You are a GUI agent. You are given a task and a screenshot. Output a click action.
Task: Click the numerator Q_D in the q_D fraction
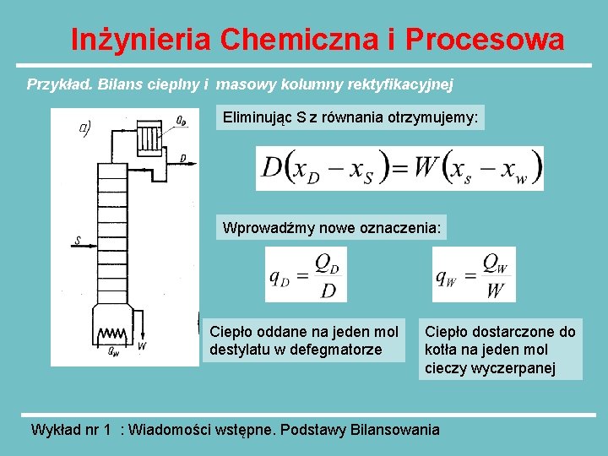[328, 263]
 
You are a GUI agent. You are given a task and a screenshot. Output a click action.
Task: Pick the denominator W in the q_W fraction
[496, 290]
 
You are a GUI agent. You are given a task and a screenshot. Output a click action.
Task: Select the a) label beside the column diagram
[85, 128]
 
